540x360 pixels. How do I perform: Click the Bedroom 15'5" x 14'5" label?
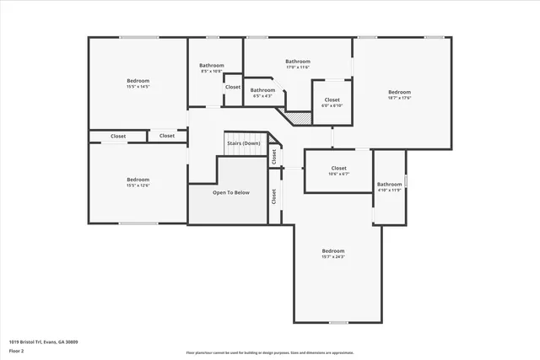click(138, 83)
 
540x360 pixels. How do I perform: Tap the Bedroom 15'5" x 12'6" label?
click(138, 182)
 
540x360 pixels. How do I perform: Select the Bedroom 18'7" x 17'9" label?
click(399, 94)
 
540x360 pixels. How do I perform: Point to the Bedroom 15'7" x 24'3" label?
click(333, 253)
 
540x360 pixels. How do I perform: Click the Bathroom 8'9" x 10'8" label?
click(212, 68)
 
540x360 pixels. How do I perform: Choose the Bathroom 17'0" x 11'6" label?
click(298, 64)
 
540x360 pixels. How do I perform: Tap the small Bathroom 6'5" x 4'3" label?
click(262, 93)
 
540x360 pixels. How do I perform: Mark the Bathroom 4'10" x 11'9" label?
click(389, 186)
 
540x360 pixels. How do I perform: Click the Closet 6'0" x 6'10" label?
click(332, 103)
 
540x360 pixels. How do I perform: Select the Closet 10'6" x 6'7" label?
click(338, 170)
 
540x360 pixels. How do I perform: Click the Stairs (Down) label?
click(243, 143)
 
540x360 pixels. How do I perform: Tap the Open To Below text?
click(230, 192)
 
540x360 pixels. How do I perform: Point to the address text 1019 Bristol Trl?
click(43, 341)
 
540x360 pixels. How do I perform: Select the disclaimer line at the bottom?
click(270, 352)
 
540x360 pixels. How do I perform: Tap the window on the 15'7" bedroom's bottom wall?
click(337, 322)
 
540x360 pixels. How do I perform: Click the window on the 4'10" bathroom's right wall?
click(406, 180)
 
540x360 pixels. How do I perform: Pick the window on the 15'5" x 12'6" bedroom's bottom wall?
click(138, 223)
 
